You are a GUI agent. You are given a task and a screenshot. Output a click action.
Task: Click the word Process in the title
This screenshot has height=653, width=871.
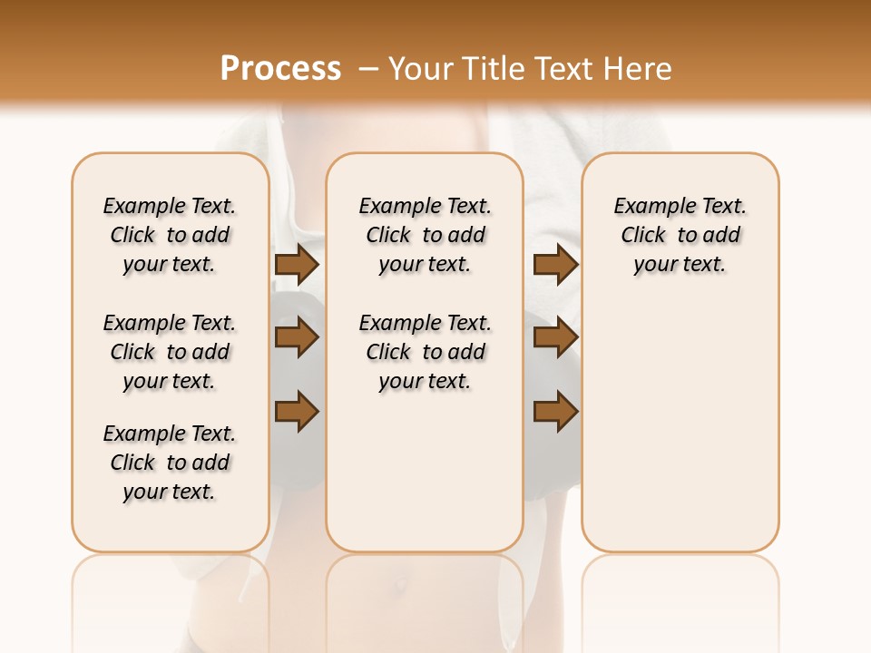point(280,68)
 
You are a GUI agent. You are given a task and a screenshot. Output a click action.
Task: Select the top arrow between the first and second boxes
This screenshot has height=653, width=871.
point(297,264)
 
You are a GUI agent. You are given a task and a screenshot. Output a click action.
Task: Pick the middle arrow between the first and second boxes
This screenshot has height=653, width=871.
point(297,338)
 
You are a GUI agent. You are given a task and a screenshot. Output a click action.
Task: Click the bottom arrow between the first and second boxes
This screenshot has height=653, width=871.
point(297,412)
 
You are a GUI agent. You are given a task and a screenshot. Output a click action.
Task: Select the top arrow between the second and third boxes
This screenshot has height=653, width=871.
point(555,264)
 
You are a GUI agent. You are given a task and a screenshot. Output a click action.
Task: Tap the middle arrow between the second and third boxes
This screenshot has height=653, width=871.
point(555,338)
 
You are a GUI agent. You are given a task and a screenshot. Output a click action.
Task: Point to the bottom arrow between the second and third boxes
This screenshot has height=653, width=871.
point(555,412)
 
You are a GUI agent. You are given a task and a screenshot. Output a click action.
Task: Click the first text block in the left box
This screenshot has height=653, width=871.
point(170,235)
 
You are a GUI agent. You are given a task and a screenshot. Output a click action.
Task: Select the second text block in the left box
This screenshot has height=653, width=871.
point(170,352)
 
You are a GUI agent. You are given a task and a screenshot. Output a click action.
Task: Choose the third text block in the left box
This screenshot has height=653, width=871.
point(170,463)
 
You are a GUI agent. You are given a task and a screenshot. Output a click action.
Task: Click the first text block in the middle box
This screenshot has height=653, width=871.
point(425,235)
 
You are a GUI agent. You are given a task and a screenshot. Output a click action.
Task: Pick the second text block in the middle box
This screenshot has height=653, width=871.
point(425,352)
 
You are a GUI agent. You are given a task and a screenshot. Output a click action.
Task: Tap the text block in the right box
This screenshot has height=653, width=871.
point(680,235)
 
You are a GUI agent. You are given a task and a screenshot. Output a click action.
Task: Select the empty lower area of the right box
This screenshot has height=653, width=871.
point(680,426)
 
